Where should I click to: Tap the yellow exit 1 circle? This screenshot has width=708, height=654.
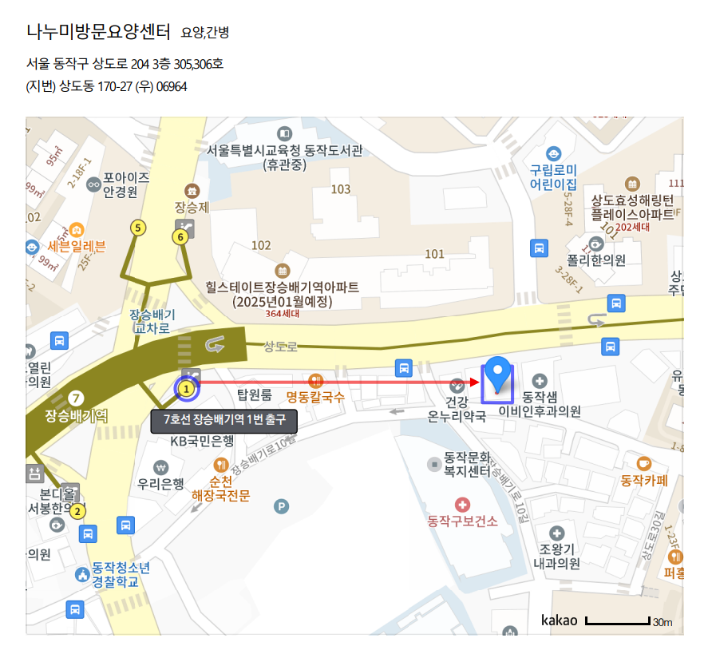point(187,390)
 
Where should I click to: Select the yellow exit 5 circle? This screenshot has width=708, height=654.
point(139,228)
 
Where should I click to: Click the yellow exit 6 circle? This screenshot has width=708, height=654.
point(181,236)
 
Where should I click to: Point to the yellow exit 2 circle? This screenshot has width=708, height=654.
point(77,512)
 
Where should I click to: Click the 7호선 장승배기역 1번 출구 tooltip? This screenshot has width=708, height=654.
point(223,420)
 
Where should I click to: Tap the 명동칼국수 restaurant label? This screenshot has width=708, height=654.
point(315,397)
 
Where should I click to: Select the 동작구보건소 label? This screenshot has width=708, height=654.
point(463,521)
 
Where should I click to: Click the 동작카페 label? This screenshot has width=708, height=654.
point(644,481)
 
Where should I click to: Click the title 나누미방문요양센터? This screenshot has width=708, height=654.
point(98,32)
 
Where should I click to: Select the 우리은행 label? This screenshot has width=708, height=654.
point(160,483)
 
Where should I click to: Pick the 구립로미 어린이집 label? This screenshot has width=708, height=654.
point(554,176)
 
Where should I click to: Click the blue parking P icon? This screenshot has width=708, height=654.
point(281,505)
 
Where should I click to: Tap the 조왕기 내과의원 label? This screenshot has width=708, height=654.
point(556,557)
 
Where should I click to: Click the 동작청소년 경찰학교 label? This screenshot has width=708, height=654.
point(120,575)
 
